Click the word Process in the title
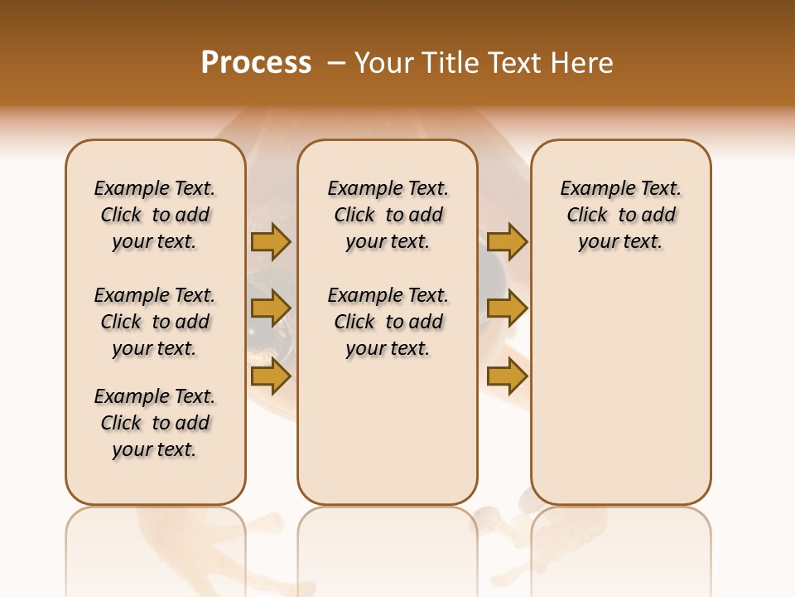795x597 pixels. [x=256, y=63]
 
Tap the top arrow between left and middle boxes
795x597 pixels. [x=271, y=241]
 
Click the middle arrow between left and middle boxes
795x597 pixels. [x=271, y=308]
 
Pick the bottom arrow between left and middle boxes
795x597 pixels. [x=271, y=376]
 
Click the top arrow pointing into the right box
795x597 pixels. [x=507, y=241]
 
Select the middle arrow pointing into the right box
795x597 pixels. [x=507, y=308]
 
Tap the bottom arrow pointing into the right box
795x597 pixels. [x=507, y=376]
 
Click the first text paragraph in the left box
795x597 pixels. [x=155, y=215]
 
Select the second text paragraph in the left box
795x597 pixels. [x=155, y=322]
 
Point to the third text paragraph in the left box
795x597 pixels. [x=155, y=423]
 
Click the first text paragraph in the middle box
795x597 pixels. [x=388, y=215]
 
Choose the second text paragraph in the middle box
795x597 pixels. [x=388, y=322]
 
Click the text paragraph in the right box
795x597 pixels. [x=621, y=215]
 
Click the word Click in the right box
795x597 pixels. [x=587, y=216]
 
